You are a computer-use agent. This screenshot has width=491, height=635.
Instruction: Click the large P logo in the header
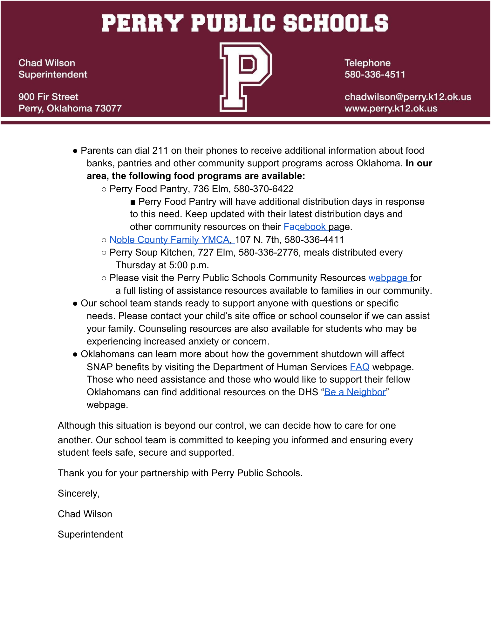coord(245,77)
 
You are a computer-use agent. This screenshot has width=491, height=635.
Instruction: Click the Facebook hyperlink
coord(304,227)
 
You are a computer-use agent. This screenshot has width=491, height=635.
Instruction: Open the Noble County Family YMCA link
coord(169,240)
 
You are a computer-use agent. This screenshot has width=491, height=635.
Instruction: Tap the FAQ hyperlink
coord(359,367)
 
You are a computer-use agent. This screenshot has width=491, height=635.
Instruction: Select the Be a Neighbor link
coord(355,392)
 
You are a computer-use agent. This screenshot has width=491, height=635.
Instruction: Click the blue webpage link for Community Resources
coord(388,278)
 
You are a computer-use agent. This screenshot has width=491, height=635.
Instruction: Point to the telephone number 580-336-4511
coord(375,75)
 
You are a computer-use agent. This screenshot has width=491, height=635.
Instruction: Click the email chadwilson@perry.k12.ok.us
coord(408,97)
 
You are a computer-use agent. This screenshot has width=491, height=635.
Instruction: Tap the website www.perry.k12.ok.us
coord(391,109)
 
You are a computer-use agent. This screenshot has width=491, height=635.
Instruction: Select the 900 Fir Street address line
coord(48,97)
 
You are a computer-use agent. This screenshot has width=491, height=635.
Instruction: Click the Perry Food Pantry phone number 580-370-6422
coord(263,189)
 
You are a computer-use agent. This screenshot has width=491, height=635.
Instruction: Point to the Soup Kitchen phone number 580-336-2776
coord(269,252)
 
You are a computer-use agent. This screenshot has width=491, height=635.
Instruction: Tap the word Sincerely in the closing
coord(78,493)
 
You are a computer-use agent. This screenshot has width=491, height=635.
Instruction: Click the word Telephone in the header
coord(367,63)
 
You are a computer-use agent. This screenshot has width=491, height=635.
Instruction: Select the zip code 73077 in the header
coord(108,109)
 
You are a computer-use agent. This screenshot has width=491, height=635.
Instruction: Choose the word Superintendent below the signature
coord(90,534)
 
